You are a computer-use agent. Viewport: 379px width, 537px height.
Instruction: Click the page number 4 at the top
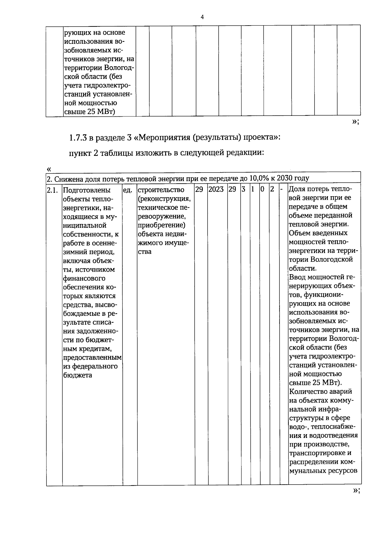[202, 17]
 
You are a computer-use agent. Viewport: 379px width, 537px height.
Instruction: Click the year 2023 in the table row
[216, 190]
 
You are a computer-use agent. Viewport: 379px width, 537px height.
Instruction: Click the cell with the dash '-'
[281, 190]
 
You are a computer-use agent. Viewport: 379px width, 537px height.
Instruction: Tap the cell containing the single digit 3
[243, 190]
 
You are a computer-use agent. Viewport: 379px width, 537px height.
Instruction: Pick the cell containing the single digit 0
[262, 190]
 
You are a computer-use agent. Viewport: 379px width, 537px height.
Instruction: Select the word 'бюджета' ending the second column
[78, 375]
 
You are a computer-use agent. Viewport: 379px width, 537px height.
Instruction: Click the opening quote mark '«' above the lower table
[49, 169]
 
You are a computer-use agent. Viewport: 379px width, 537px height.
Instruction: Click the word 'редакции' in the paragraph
[247, 153]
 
